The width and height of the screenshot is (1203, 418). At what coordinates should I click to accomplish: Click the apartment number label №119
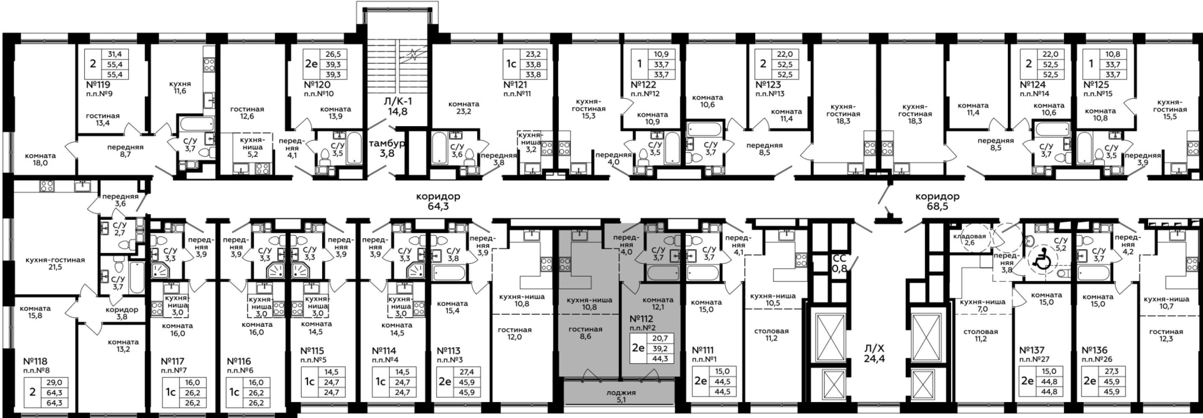(98, 85)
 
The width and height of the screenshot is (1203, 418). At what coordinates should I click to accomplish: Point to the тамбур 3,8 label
(387, 148)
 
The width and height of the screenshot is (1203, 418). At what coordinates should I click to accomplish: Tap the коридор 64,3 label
(438, 201)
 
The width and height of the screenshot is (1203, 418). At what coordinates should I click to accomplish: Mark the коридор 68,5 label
(937, 201)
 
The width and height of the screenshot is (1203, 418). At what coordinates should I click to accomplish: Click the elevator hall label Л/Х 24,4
(874, 354)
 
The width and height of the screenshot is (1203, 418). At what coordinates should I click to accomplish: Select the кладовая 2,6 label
(970, 239)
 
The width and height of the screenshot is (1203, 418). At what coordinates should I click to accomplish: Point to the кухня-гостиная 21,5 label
(55, 264)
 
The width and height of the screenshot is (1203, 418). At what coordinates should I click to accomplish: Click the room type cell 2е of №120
(311, 64)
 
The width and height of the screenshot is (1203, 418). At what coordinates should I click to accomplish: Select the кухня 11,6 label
(180, 88)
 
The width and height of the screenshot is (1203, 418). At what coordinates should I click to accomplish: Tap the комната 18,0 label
(40, 160)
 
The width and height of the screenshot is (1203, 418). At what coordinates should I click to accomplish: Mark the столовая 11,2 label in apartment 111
(771, 334)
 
